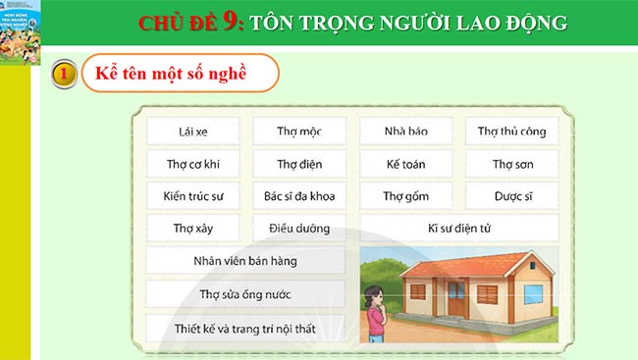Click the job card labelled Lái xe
(x=193, y=130)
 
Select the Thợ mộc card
(x=299, y=130)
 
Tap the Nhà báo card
(x=405, y=130)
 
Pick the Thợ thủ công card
(x=511, y=130)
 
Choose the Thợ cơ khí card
(x=193, y=164)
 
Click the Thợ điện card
(x=299, y=164)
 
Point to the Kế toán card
(x=405, y=164)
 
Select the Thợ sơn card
(x=511, y=164)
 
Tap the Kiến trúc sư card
(x=193, y=196)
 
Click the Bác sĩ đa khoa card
(x=299, y=196)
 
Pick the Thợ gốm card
(x=405, y=196)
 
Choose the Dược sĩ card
(x=511, y=196)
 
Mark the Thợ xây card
(x=193, y=229)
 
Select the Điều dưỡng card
(x=299, y=229)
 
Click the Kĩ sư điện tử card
(x=458, y=229)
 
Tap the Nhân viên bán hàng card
(x=245, y=261)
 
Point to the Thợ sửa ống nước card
(x=245, y=294)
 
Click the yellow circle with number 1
(x=63, y=75)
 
